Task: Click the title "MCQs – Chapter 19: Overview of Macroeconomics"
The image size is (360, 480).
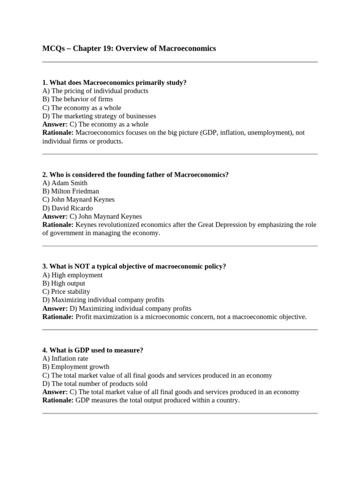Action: (129, 48)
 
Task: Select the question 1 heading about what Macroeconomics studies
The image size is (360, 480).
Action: (114, 82)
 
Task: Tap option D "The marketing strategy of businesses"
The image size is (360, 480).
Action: (99, 116)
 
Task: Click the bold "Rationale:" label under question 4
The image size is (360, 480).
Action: (58, 400)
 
